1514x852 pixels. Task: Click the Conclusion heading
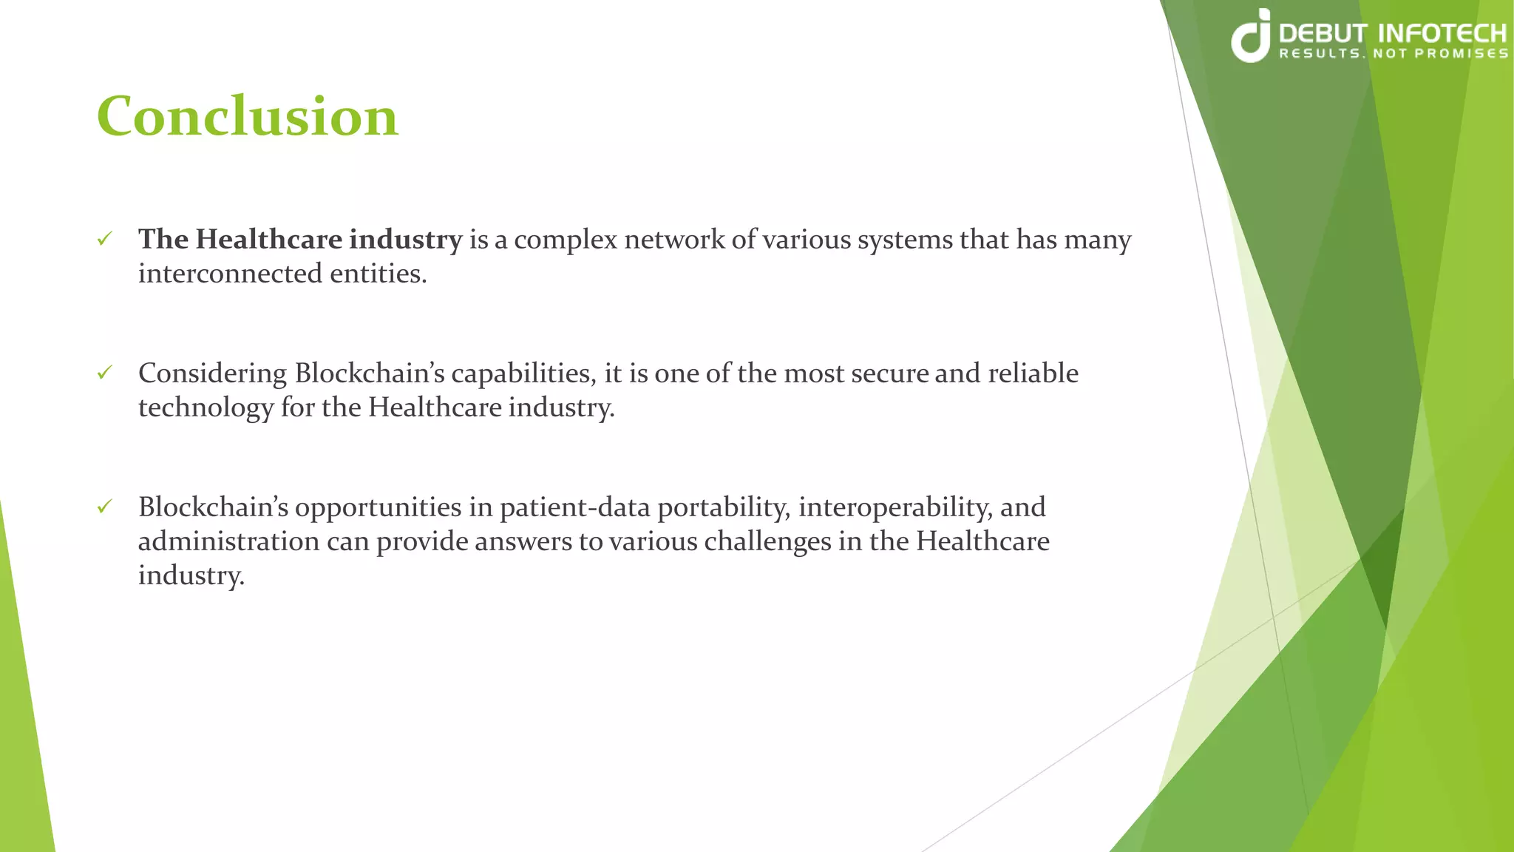coord(248,117)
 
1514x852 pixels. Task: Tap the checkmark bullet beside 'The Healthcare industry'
coord(105,239)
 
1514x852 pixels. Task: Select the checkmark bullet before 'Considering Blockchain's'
coord(105,373)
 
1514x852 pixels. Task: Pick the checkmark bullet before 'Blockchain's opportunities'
coord(105,507)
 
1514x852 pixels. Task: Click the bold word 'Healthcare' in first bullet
coord(269,240)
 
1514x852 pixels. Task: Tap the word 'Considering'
coord(212,373)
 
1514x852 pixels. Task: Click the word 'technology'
coord(206,408)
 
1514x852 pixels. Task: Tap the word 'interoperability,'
coord(895,507)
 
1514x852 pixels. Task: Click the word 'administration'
coord(228,541)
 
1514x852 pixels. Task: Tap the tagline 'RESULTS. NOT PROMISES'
coord(1394,54)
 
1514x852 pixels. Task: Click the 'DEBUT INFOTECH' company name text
coord(1392,33)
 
